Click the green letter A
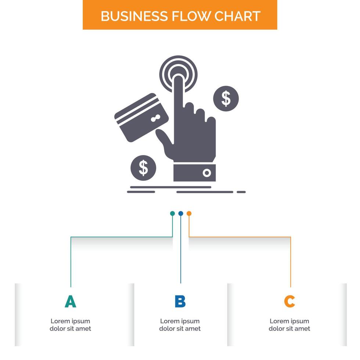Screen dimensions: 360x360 (x=70, y=301)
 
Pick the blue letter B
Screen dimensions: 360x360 (x=180, y=301)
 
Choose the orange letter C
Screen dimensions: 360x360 (x=289, y=301)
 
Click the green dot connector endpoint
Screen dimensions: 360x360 (x=172, y=213)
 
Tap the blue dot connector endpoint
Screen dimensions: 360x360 (x=180, y=213)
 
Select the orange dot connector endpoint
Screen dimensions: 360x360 (x=189, y=213)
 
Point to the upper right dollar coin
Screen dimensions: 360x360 (x=226, y=98)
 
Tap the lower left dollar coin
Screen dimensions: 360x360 (x=143, y=168)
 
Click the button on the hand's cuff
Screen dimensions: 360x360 (x=207, y=173)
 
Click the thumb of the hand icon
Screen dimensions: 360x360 (x=164, y=138)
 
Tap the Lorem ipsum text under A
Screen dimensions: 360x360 (x=70, y=325)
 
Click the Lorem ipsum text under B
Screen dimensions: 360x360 (x=180, y=325)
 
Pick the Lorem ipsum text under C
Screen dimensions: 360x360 (x=289, y=325)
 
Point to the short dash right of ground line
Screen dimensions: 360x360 (x=241, y=192)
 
